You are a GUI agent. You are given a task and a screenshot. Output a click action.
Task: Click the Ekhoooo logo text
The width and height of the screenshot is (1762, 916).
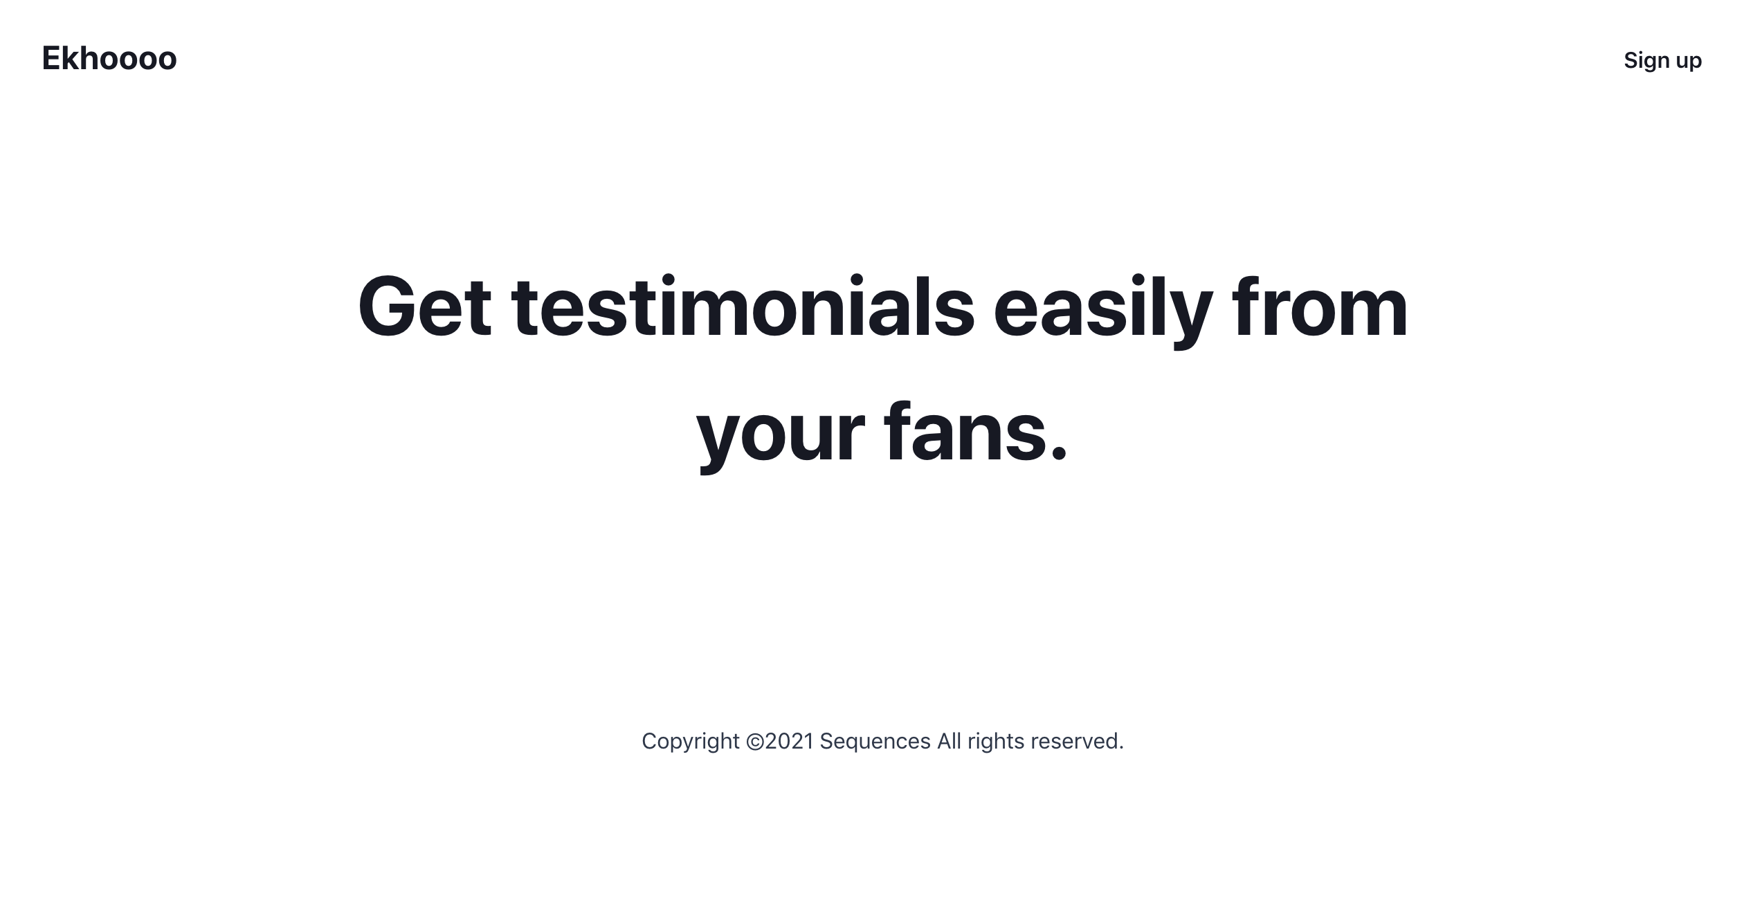point(109,58)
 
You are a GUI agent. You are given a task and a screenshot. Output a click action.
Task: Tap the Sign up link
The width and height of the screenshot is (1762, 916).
point(1662,61)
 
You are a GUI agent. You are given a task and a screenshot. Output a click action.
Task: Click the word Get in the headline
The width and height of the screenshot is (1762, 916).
point(424,306)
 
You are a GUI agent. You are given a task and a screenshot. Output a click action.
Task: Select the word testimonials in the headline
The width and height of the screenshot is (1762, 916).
point(743,306)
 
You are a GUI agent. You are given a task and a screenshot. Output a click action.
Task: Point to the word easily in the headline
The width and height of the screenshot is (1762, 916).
point(1103,311)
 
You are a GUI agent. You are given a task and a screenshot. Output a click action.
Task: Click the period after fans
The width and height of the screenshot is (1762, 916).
point(1058,452)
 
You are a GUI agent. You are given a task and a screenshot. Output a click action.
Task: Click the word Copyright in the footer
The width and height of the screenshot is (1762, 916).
point(690,742)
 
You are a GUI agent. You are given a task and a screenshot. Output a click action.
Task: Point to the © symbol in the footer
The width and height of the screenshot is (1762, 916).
point(755,742)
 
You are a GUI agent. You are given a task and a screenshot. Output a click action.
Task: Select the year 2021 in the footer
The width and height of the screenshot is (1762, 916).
point(789,742)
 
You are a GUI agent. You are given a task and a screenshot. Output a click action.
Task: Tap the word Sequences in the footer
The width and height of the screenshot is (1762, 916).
point(875,742)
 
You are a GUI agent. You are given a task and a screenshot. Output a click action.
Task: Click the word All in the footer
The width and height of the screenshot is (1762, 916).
point(949,741)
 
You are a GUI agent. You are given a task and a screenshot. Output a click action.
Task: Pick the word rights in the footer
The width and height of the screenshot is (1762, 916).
point(996,742)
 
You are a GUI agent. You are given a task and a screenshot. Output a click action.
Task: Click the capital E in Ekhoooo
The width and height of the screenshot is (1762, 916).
point(51,58)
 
